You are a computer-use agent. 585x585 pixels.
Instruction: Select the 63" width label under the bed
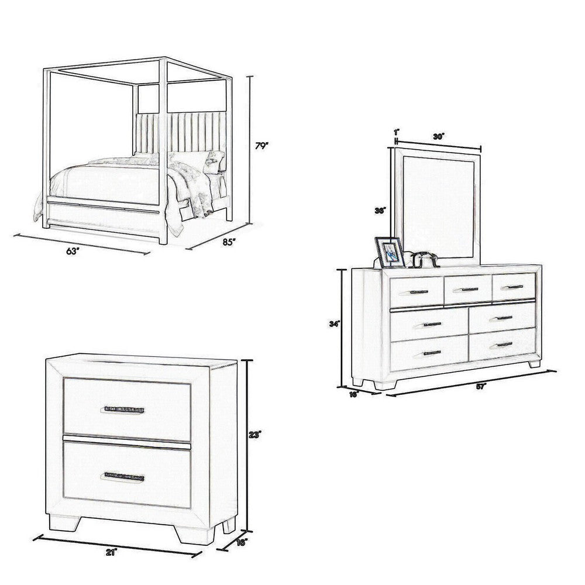(x=72, y=251)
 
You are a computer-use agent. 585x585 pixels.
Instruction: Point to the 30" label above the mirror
(x=439, y=136)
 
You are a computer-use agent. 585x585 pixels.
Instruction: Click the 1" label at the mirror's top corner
(x=397, y=132)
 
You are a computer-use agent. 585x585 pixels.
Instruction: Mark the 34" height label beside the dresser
(x=335, y=322)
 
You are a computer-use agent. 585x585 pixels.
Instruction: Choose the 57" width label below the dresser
(x=481, y=387)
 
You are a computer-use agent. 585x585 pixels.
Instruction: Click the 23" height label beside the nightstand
(x=255, y=435)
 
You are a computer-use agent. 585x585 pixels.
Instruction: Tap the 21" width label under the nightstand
(x=111, y=551)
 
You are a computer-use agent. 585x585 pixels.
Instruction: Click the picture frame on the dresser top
(x=390, y=252)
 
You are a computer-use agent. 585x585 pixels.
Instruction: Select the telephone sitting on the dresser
(x=424, y=259)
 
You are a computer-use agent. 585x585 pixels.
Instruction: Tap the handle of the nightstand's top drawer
(x=124, y=409)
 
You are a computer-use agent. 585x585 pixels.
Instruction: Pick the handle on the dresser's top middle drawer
(x=466, y=290)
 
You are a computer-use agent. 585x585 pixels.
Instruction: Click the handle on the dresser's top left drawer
(x=419, y=292)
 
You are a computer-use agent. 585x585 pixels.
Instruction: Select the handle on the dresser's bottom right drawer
(x=501, y=345)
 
